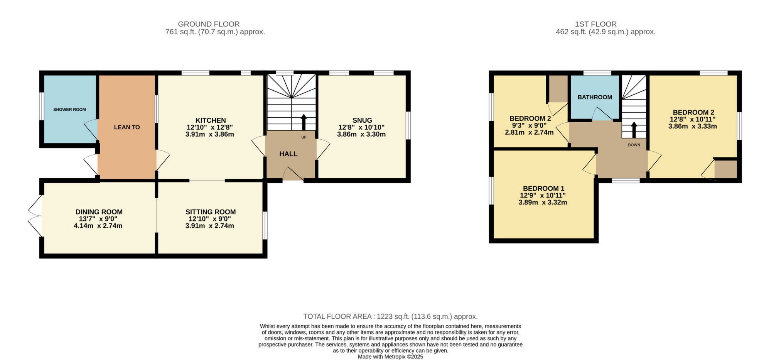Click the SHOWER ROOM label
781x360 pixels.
[x=69, y=110]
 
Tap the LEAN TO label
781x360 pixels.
[x=127, y=127]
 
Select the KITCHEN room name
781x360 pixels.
[x=210, y=120]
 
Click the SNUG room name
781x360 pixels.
[x=362, y=120]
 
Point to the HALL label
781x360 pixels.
[x=288, y=154]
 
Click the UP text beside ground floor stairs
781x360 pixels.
[x=304, y=137]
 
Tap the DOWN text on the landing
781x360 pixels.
[x=634, y=145]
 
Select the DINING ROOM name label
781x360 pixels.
[x=99, y=212]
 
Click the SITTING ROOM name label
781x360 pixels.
[x=210, y=212]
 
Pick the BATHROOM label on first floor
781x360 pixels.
[x=594, y=97]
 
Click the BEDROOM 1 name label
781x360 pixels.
[x=543, y=188]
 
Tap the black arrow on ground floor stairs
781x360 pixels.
[x=303, y=122]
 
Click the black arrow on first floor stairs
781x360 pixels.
[x=634, y=130]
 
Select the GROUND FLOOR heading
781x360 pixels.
[x=209, y=24]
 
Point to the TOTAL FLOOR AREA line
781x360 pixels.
[x=390, y=316]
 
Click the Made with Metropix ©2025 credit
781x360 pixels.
[x=390, y=357]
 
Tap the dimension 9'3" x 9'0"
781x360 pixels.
[x=529, y=125]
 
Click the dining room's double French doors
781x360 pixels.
[x=35, y=216]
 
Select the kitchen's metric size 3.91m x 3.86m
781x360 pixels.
[x=209, y=134]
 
